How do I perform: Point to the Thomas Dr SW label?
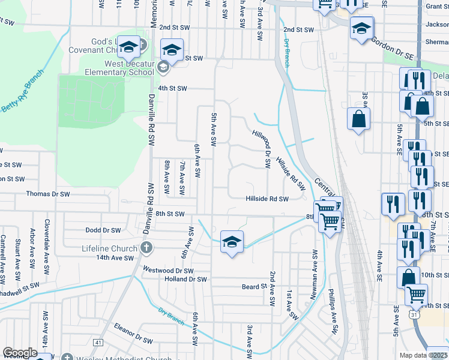(x=47, y=194)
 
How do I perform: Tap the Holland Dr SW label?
(x=185, y=279)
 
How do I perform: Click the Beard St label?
(x=254, y=287)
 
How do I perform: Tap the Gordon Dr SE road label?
(x=394, y=47)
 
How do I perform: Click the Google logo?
(x=20, y=353)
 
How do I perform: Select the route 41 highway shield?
(x=98, y=343)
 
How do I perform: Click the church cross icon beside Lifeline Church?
(x=145, y=247)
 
